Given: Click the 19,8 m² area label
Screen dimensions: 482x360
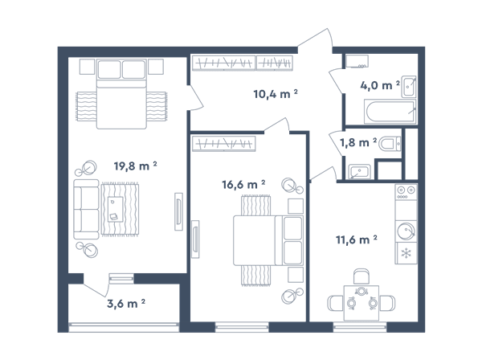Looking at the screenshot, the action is [136, 166].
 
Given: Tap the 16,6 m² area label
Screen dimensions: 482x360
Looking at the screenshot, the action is [243, 185].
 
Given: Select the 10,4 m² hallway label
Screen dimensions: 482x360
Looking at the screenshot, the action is [276, 94].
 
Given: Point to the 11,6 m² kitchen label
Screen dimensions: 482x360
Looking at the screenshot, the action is [357, 239].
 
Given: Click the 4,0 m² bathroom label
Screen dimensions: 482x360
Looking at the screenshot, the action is [380, 85].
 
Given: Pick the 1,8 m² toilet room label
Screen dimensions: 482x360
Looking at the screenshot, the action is [358, 142].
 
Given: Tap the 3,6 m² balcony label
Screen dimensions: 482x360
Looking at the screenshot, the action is [126, 304].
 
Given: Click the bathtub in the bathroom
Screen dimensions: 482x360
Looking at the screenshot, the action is [390, 111].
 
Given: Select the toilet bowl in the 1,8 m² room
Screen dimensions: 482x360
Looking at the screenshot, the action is [390, 144].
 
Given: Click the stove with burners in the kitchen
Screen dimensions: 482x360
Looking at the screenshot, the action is [406, 192].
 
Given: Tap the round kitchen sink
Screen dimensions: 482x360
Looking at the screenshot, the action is [406, 231].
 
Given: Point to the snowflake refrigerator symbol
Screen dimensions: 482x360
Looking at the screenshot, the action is [406, 253].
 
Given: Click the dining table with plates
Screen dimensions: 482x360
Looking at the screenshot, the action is [361, 303].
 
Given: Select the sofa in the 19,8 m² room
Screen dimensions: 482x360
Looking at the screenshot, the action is [86, 210].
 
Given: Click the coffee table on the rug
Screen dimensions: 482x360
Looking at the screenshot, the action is [115, 209].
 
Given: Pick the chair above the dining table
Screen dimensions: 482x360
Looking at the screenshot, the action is [361, 276].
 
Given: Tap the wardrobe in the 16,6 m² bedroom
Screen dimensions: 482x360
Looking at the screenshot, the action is [224, 144].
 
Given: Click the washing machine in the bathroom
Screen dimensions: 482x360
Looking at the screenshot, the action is [357, 61].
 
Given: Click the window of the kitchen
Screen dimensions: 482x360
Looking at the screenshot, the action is [360, 327].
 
